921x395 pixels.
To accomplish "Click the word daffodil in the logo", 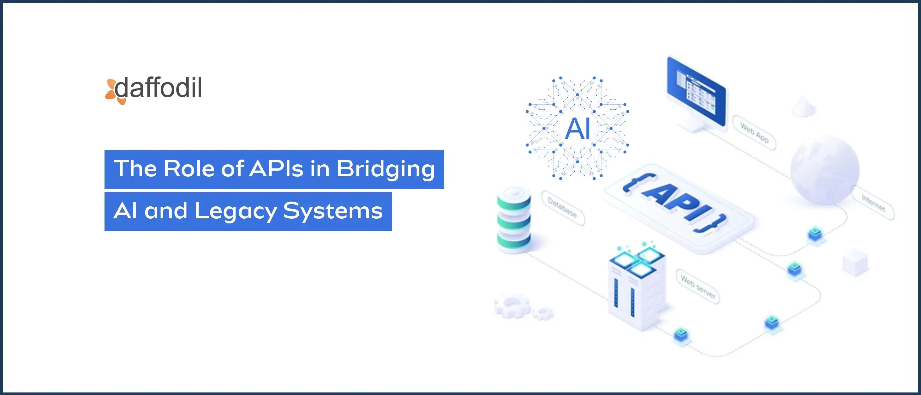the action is click(159, 88).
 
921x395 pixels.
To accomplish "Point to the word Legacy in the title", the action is click(236, 211).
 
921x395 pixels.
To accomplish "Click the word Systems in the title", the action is click(332, 211).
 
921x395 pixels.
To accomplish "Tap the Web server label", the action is click(697, 287).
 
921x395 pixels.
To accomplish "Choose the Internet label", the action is click(873, 203).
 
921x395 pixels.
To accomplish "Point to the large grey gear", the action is click(512, 306).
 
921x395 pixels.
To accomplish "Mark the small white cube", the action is click(855, 263).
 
